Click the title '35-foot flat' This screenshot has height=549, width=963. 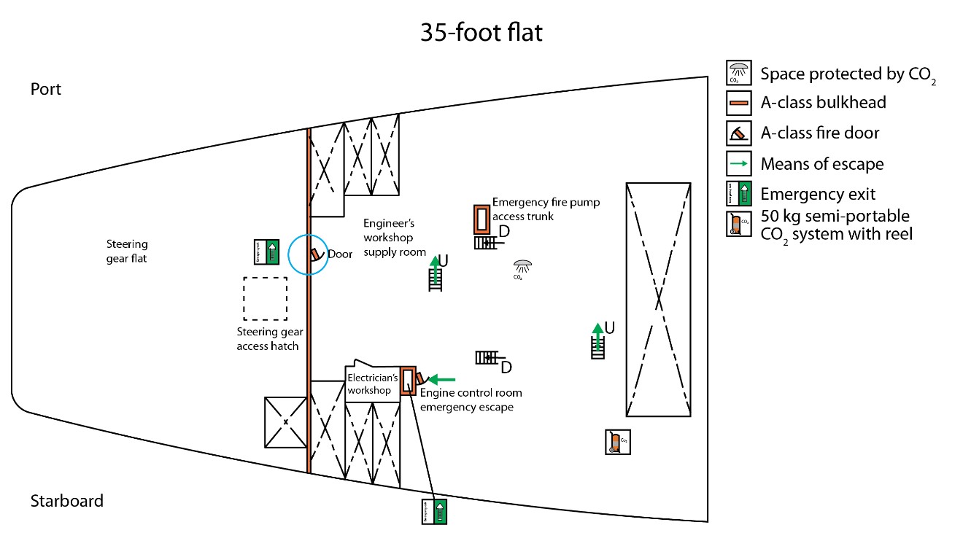tap(481, 33)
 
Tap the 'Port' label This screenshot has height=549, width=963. tap(46, 89)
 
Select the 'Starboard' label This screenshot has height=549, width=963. tap(66, 501)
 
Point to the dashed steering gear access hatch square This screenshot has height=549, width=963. tap(265, 298)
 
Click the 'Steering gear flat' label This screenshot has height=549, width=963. tap(127, 251)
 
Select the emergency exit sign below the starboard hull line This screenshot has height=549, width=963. tap(434, 511)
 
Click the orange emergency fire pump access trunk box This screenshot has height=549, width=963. tap(481, 219)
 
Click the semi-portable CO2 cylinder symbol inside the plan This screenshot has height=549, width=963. tap(617, 442)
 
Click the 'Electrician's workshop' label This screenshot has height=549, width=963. tap(372, 383)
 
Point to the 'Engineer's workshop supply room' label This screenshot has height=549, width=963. tap(394, 238)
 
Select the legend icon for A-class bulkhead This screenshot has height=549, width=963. tap(738, 103)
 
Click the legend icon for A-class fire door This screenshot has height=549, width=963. tap(738, 133)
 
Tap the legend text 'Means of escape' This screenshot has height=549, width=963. tap(821, 164)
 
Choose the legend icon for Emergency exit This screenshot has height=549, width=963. tap(738, 194)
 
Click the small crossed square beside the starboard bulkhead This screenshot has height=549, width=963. tap(285, 422)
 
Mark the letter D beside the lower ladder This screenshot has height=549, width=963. tap(506, 367)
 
